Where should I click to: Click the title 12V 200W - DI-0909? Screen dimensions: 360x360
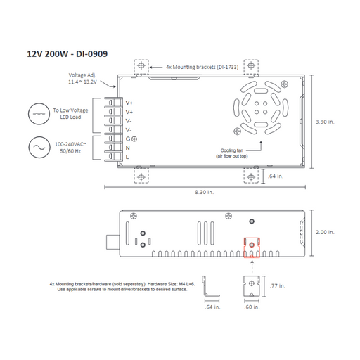[67, 53]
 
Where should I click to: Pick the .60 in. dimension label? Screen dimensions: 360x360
[251, 308]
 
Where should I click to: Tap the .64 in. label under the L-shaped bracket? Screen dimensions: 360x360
[210, 308]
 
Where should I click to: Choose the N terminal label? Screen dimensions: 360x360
[128, 148]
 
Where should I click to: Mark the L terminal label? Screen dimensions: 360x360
[128, 157]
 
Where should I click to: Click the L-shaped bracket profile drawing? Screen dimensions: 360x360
[209, 288]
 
